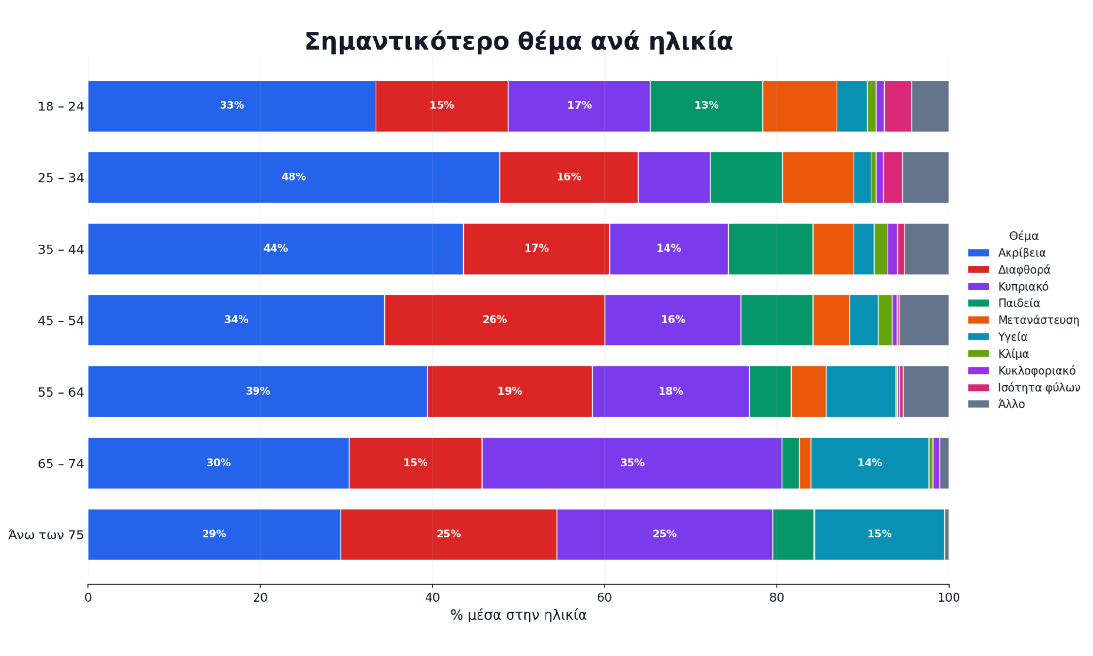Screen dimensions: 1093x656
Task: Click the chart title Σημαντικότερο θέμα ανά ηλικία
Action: pos(518,41)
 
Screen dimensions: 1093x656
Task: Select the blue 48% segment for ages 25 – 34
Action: pos(294,177)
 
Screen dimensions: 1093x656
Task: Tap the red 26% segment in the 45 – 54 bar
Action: pos(495,320)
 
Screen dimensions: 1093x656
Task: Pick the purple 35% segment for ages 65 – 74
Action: pos(632,463)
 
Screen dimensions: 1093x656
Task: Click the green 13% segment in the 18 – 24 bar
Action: pos(706,106)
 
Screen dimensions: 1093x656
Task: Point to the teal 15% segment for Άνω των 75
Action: pos(879,535)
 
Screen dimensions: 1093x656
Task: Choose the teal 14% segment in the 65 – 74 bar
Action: pos(870,463)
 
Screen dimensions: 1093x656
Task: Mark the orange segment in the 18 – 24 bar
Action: pos(800,106)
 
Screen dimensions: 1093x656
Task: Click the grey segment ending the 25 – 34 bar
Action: pos(925,177)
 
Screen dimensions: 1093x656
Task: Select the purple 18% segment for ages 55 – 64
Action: pos(671,392)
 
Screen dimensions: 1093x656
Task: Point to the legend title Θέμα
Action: pos(1024,236)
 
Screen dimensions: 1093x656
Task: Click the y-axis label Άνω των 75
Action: pos(46,535)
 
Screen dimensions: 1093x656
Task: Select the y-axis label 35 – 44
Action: pos(61,249)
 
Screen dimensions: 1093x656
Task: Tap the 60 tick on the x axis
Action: pos(604,597)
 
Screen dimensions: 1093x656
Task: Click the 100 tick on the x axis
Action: pos(949,597)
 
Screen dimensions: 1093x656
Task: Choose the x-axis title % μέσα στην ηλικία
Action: pos(518,615)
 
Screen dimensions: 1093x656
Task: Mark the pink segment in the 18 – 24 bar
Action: pos(898,106)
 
